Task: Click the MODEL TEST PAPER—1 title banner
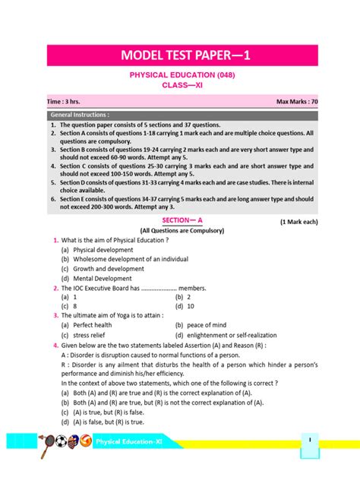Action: tap(179, 55)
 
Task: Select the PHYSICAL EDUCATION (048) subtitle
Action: tap(179, 77)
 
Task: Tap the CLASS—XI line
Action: tap(179, 86)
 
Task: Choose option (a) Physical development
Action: tap(92, 249)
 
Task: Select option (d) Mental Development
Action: tap(93, 279)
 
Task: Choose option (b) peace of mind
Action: tap(201, 325)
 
